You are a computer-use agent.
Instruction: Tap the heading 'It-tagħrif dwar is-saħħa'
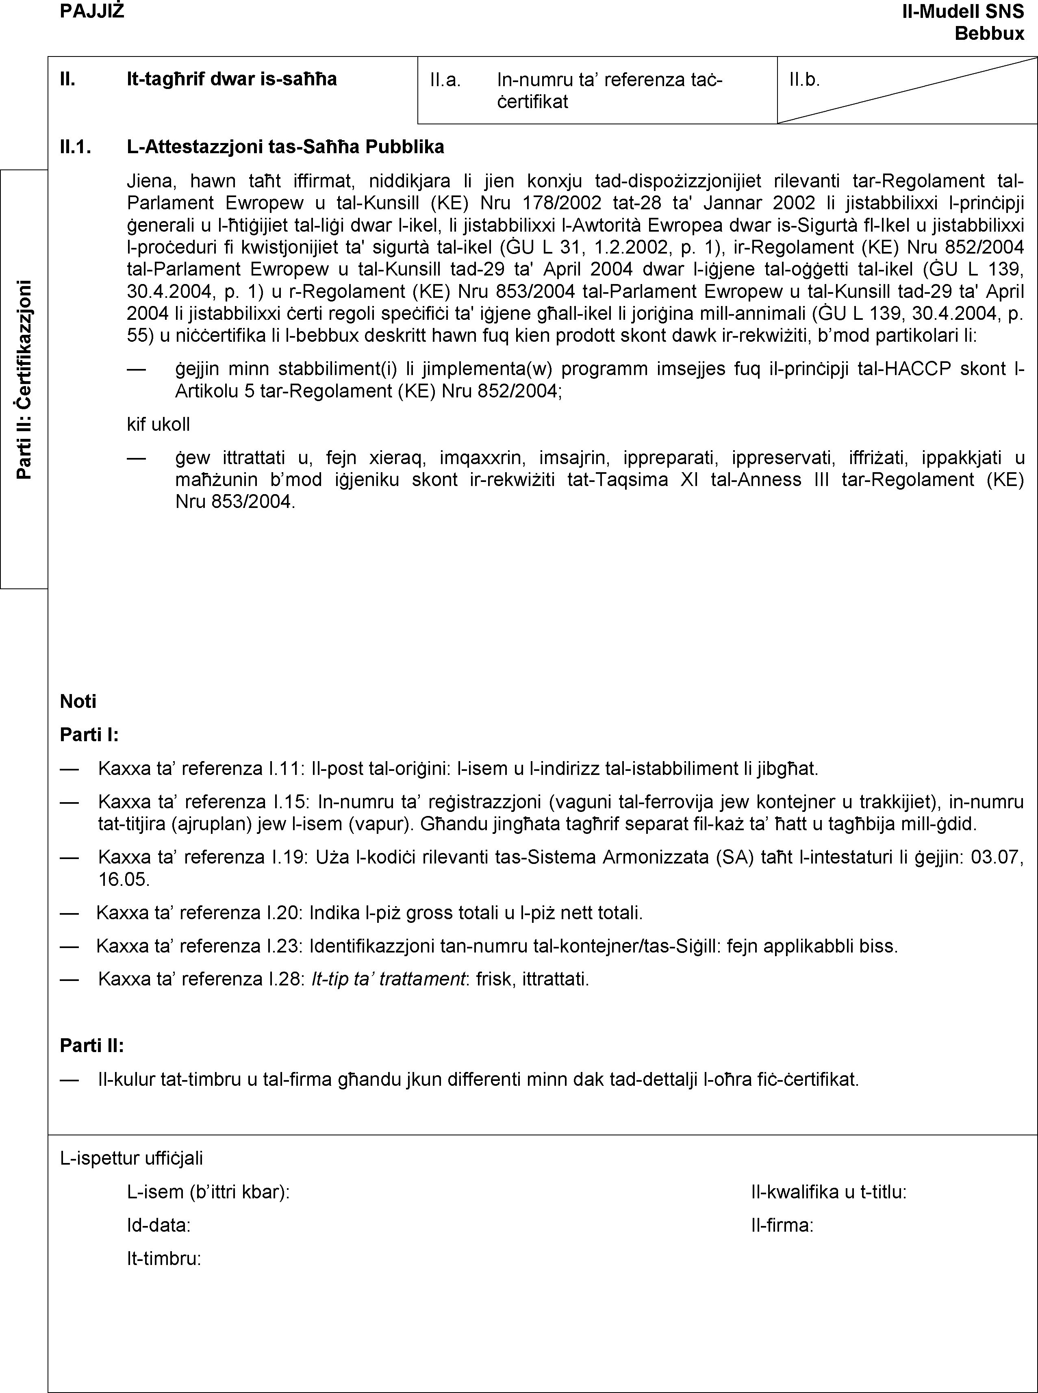[x=231, y=79]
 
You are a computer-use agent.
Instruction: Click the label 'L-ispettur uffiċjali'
[x=131, y=1157]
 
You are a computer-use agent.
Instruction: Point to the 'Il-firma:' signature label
[x=782, y=1225]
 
